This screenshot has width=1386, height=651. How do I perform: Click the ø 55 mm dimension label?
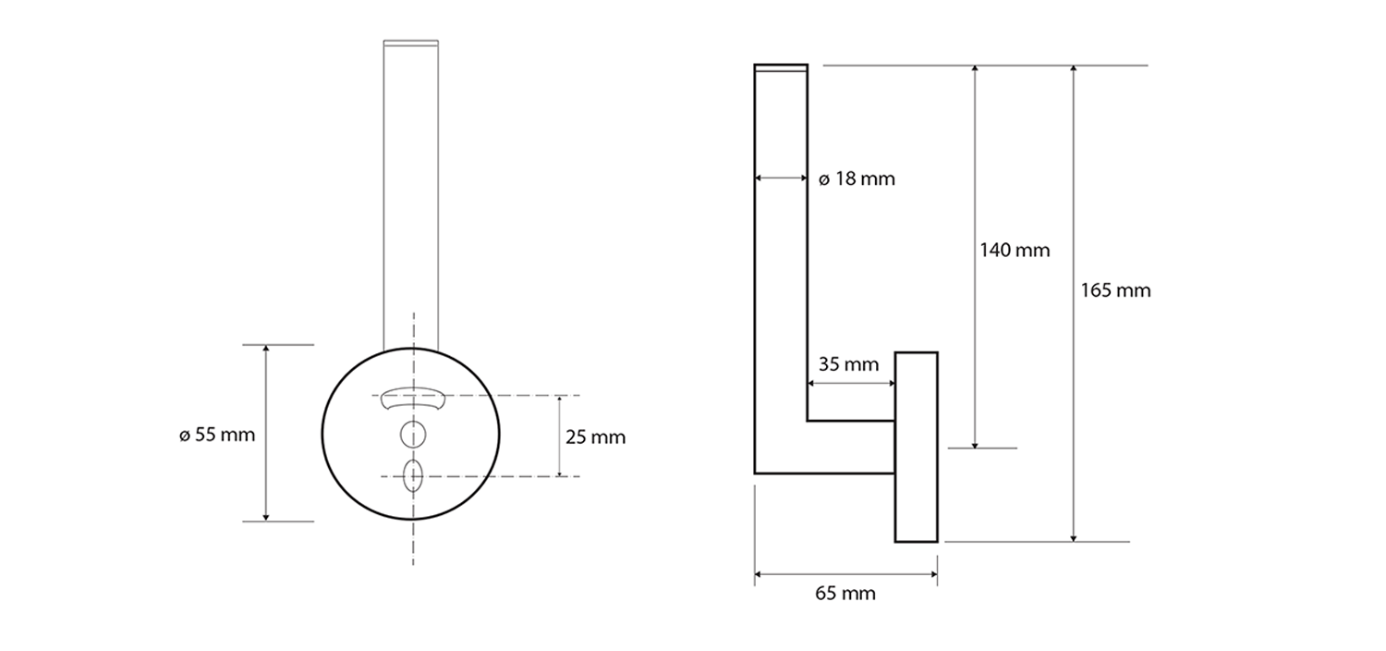pos(217,435)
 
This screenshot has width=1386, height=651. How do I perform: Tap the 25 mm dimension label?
pos(595,437)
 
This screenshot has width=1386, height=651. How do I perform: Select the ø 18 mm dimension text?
pos(857,179)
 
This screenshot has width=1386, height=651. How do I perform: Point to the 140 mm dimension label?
pos(1015,251)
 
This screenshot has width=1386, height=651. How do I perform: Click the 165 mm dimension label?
pos(1115,290)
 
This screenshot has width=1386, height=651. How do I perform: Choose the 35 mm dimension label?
pos(848,364)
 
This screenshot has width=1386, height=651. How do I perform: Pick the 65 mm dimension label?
pos(845,594)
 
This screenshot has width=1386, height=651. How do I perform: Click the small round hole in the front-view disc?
pos(413,434)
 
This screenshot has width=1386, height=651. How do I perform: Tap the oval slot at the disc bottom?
pos(413,475)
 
